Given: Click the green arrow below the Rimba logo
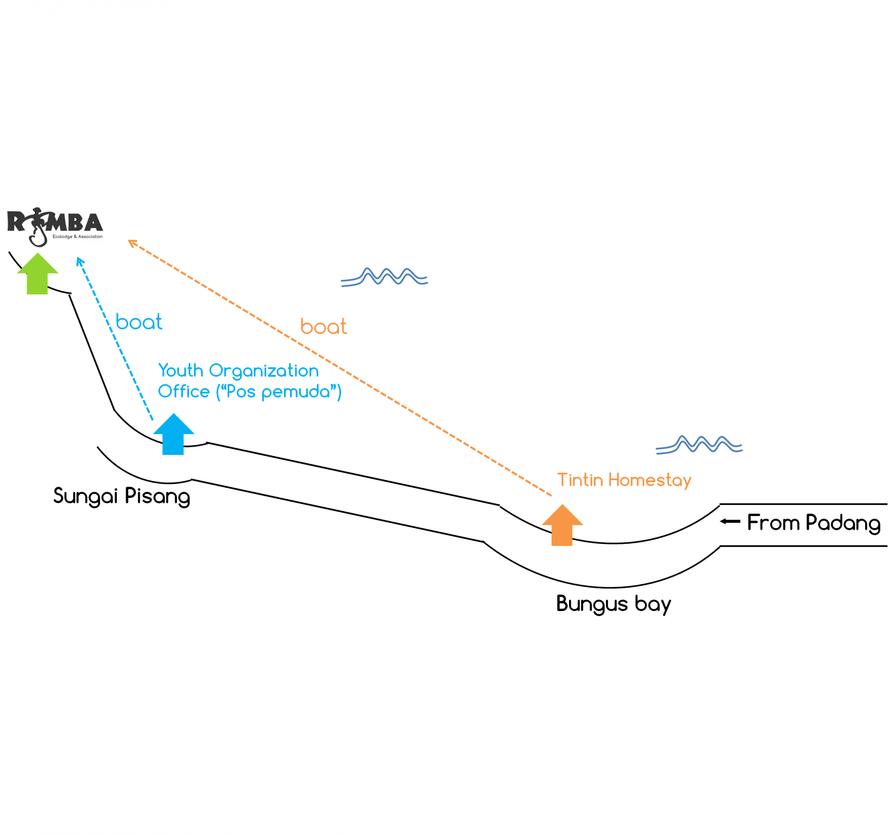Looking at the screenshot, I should [x=37, y=274].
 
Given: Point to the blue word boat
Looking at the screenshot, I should [x=139, y=322].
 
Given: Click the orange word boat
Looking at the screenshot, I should [x=323, y=326].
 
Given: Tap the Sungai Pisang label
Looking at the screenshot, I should [x=122, y=496].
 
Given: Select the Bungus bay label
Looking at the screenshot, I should [x=613, y=604].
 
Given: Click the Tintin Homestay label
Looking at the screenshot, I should [x=624, y=480].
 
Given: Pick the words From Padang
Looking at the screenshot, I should [x=813, y=523].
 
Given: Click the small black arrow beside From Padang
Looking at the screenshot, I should [x=730, y=521].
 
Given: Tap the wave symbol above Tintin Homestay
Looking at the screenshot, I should [x=698, y=445].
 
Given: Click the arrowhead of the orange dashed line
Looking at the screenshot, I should [x=132, y=242].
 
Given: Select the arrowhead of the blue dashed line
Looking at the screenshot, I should [x=80, y=261].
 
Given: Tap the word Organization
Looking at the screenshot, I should [x=264, y=371].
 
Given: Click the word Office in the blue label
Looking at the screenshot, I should [x=183, y=392].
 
